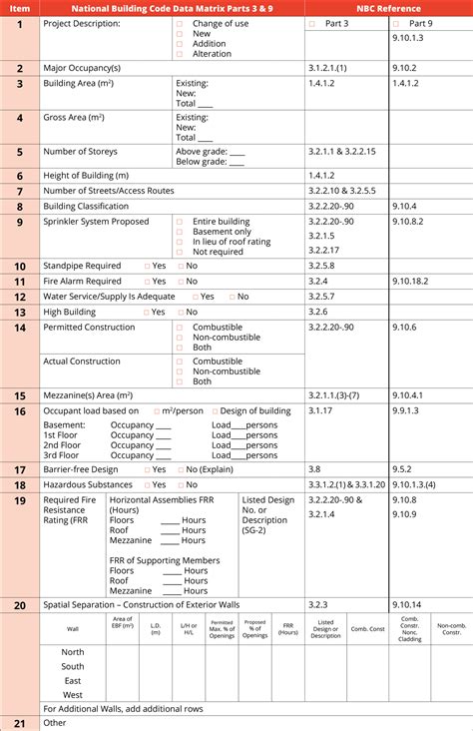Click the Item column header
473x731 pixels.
[20, 7]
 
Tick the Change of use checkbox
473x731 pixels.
[180, 23]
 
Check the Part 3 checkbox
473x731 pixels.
[311, 23]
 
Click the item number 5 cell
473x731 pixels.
[20, 152]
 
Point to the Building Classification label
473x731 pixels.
[87, 206]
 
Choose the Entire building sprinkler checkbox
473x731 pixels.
[180, 222]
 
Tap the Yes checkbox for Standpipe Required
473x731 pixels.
[147, 267]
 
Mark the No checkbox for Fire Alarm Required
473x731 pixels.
[181, 282]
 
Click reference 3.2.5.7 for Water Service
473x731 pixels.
[321, 297]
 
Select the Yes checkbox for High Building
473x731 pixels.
[147, 313]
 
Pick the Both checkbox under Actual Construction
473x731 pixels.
[180, 381]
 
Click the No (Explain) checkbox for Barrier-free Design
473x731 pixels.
[180, 469]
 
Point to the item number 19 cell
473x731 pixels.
[20, 500]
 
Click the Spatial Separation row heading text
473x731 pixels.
[141, 605]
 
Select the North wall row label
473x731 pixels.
[73, 652]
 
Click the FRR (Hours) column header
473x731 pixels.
[288, 628]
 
